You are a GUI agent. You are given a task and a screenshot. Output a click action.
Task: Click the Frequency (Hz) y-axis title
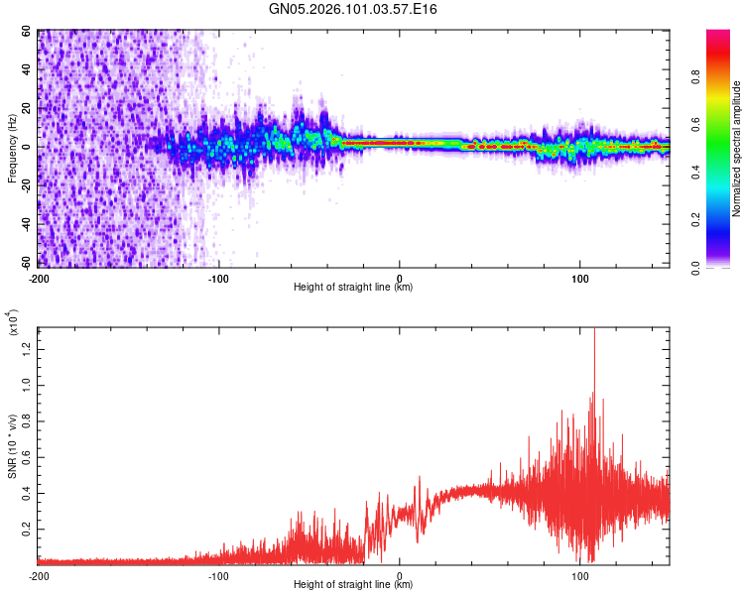click(12, 149)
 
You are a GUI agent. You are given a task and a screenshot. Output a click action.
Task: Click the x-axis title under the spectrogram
click(353, 288)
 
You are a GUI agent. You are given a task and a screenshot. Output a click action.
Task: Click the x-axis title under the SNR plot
click(353, 585)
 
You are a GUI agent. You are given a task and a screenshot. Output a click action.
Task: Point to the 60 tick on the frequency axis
click(27, 32)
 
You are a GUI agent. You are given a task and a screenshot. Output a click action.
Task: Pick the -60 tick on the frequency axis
click(25, 263)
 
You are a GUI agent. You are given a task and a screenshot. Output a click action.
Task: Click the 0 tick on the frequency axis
click(30, 147)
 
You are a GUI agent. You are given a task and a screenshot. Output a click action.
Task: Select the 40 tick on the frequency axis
click(27, 70)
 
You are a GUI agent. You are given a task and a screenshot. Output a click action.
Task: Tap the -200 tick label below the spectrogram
click(40, 278)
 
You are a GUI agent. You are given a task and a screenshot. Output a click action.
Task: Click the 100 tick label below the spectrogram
click(579, 278)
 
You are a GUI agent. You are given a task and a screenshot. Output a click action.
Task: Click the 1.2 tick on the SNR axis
click(26, 345)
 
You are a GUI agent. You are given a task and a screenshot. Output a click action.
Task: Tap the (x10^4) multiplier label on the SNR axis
click(12, 323)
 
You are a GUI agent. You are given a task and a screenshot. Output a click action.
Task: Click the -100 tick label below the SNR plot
click(219, 575)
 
